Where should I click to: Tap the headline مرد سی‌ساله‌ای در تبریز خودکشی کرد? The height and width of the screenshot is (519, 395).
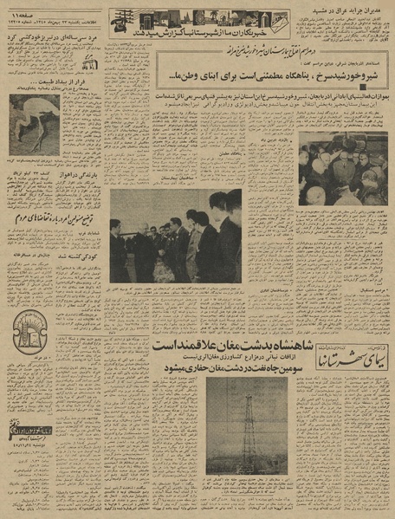54,42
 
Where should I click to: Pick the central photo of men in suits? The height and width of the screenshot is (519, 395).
175,237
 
